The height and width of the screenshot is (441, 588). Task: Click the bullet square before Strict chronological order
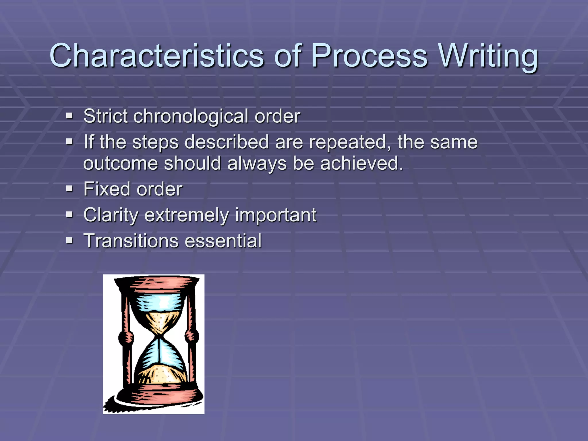coord(69,116)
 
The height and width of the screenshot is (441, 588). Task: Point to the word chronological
coord(191,116)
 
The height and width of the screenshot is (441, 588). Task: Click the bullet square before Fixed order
coord(69,189)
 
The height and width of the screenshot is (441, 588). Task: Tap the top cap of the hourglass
coord(156,283)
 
